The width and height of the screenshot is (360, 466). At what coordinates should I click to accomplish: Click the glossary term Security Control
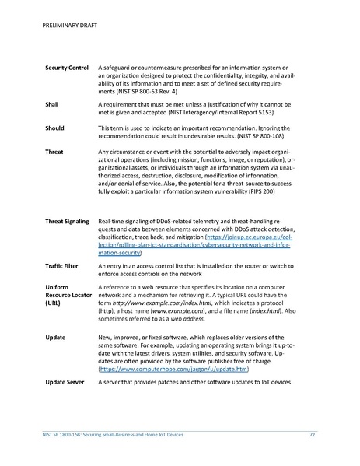pyautogui.click(x=67, y=69)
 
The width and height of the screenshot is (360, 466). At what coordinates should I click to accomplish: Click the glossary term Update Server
pyautogui.click(x=67, y=384)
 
